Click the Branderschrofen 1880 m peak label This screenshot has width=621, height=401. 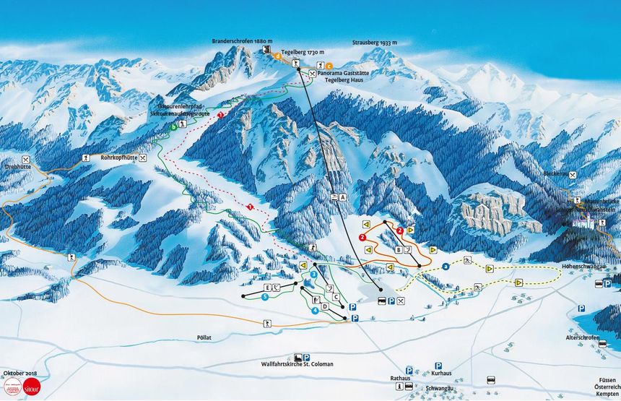243,41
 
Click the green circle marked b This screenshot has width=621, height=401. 173,127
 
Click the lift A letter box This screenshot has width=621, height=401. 342,197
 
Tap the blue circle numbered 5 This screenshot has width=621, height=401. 265,297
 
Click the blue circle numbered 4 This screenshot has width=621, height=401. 315,310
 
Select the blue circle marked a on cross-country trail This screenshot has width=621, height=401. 446,267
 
